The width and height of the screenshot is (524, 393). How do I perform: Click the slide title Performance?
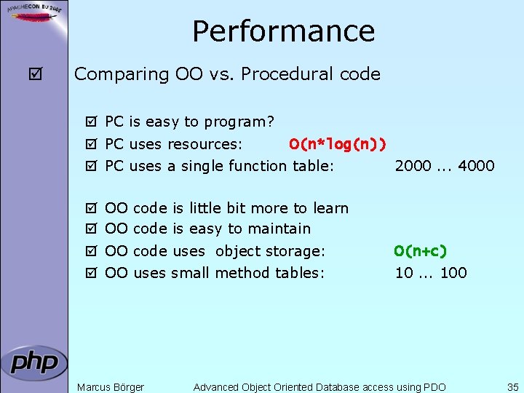[x=283, y=31]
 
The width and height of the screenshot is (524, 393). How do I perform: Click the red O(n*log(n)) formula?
[x=337, y=144]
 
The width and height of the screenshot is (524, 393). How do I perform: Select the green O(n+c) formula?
[x=420, y=251]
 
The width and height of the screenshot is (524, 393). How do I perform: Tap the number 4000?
[x=476, y=166]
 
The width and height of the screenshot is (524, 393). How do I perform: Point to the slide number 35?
[x=512, y=387]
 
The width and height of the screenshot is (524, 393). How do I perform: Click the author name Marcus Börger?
[x=111, y=387]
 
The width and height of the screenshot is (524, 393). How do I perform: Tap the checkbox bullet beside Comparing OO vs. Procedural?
[x=33, y=74]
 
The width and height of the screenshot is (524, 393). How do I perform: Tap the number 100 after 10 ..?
[x=453, y=273]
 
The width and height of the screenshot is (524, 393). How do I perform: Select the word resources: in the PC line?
[x=206, y=144]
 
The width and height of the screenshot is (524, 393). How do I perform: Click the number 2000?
[x=413, y=166]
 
